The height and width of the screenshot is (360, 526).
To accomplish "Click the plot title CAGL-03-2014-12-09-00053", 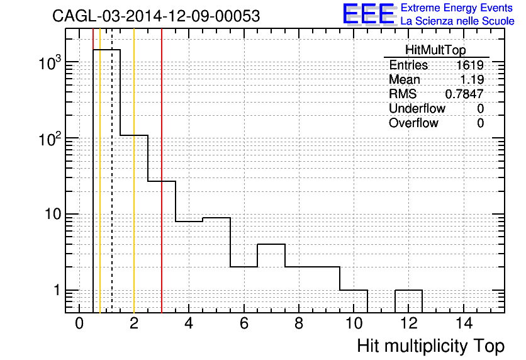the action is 156,16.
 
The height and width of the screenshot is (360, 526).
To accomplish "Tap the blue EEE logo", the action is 369,14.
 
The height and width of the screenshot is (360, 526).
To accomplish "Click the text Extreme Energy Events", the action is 457,8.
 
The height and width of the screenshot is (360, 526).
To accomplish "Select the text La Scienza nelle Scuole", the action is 457,21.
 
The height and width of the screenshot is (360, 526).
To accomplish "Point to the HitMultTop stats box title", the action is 435,50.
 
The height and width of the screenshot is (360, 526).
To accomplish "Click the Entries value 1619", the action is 469,65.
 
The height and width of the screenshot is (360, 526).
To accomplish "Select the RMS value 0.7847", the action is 464,94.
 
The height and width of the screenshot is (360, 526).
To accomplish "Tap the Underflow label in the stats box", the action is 417,108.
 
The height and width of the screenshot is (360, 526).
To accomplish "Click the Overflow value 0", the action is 480,123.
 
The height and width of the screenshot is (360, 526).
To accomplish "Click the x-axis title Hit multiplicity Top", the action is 431,346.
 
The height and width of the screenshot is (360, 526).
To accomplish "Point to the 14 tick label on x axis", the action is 464,323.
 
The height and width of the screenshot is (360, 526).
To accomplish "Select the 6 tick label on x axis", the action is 244,323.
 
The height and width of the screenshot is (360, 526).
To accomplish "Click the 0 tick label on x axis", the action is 79,323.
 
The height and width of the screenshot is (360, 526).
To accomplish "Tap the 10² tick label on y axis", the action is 50,139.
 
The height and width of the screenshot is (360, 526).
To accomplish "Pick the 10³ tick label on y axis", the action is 50,63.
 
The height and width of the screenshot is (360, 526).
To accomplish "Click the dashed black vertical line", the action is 112,171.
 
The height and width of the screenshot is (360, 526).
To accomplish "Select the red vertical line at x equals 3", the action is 162,171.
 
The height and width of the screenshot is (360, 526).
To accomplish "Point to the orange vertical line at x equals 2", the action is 134,171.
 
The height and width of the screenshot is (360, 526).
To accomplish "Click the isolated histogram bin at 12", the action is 408,290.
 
